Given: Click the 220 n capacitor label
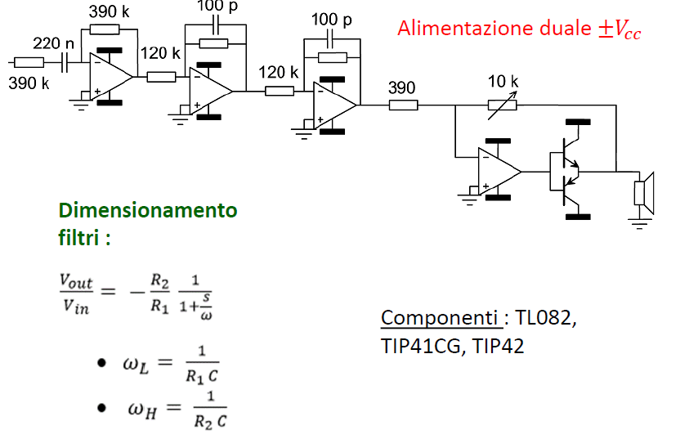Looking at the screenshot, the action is click(53, 43).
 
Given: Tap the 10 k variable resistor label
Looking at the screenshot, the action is click(503, 82).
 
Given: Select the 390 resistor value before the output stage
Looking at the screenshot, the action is click(401, 88).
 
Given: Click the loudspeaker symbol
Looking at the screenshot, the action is click(644, 193).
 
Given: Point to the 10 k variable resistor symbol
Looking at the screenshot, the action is click(502, 105).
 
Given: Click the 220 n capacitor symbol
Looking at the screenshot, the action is click(65, 62).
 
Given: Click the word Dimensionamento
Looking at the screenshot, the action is click(148, 210).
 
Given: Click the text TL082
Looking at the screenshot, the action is click(546, 318).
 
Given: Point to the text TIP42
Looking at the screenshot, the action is click(498, 346).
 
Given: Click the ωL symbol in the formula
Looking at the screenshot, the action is click(136, 365).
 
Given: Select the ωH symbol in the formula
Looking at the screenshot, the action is click(142, 410).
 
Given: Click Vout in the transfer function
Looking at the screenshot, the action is click(76, 282).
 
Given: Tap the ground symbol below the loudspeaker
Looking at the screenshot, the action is click(640, 223).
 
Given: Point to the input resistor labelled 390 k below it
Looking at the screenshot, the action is click(29, 62).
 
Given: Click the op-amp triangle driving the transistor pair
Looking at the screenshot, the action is click(499, 172).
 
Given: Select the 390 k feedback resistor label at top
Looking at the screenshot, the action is click(109, 11).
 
